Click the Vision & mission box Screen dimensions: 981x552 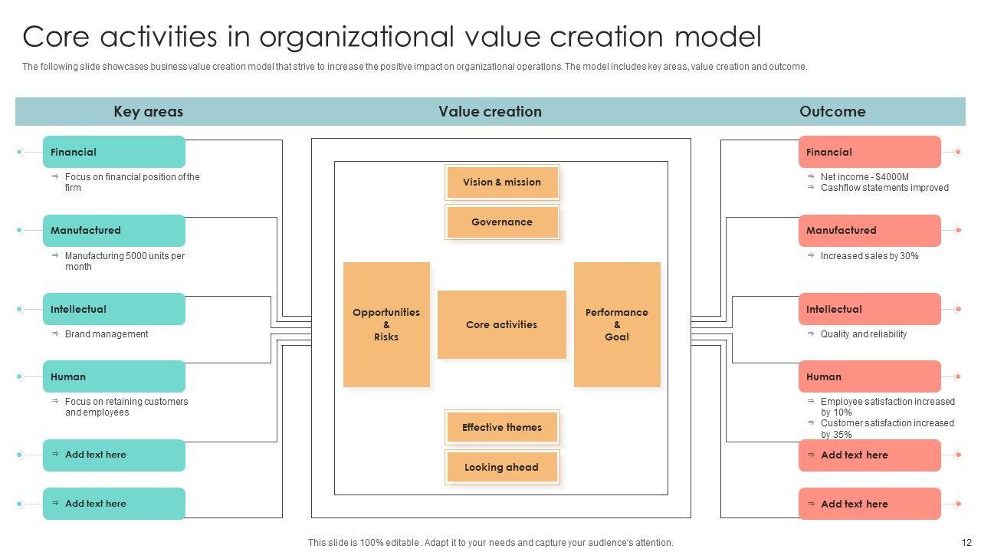pos(502,182)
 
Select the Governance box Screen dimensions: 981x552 pos(502,222)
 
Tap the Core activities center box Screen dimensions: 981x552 pos(501,324)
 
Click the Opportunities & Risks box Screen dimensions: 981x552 pos(386,324)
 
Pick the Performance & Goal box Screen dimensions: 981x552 pos(617,324)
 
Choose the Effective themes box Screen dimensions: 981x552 pos(502,428)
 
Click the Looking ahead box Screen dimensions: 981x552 pos(502,468)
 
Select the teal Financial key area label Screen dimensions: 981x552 pos(114,152)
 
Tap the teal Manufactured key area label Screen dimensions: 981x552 pos(114,231)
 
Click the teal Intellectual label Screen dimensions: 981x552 pos(114,309)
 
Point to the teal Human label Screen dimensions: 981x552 pos(114,376)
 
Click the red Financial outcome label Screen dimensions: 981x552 pos(869,152)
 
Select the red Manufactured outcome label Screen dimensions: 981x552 pos(869,231)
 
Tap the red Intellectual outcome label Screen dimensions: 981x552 pos(869,309)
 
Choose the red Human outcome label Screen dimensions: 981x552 pos(869,376)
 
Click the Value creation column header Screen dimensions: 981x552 pos(490,112)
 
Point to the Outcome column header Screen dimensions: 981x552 pos(832,112)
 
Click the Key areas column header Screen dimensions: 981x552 pos(148,112)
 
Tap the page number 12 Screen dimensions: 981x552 pos(966,543)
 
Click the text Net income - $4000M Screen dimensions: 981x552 pos(865,177)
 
